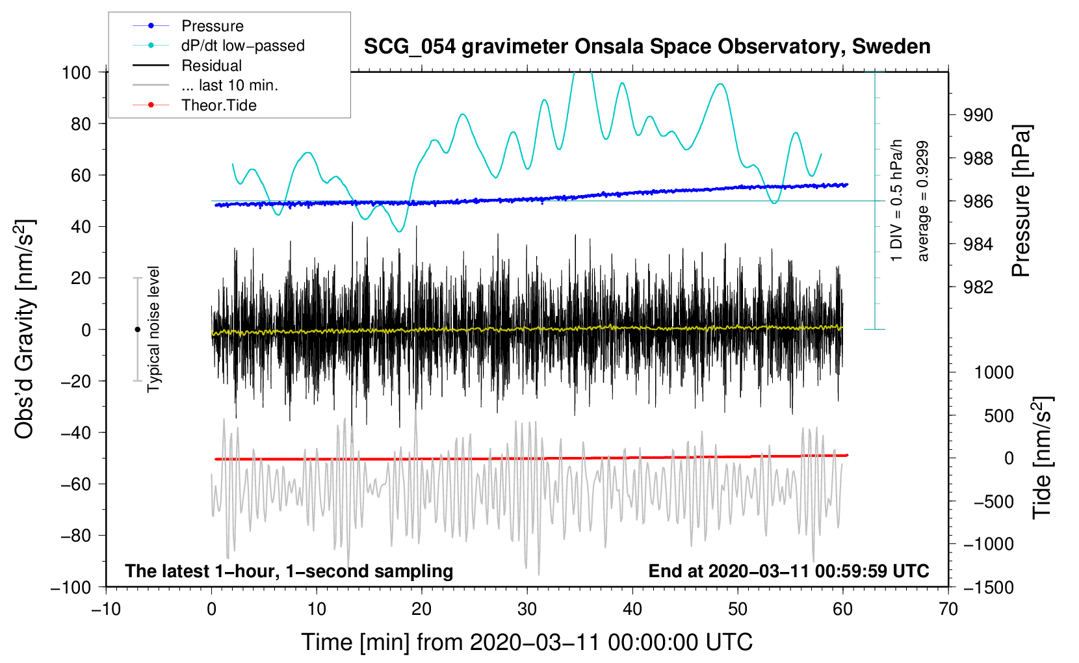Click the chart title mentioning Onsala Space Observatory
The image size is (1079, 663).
tap(647, 47)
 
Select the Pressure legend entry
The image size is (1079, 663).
tap(212, 26)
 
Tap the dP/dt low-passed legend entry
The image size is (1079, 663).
tap(242, 45)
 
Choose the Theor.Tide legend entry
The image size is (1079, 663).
tap(218, 105)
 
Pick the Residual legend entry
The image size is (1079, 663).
tap(211, 66)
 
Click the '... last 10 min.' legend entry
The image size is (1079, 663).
tap(229, 85)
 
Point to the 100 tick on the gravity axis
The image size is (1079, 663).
tap(76, 72)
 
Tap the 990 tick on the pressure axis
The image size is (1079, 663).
tap(978, 115)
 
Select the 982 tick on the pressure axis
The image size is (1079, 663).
tap(978, 287)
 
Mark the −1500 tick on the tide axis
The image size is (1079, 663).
tap(988, 587)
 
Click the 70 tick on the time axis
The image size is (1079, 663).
tap(948, 609)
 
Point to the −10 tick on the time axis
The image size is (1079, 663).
tap(106, 609)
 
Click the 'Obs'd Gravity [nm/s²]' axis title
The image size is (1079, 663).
tap(25, 329)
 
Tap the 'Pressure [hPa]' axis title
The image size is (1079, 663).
tap(1021, 201)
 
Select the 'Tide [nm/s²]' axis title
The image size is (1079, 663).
tap(1042, 458)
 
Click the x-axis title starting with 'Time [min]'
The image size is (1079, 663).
tap(526, 642)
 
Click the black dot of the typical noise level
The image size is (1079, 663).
tap(137, 330)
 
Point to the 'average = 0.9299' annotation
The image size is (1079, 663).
tap(922, 201)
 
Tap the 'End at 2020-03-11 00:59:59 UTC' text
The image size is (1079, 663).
tap(788, 571)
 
